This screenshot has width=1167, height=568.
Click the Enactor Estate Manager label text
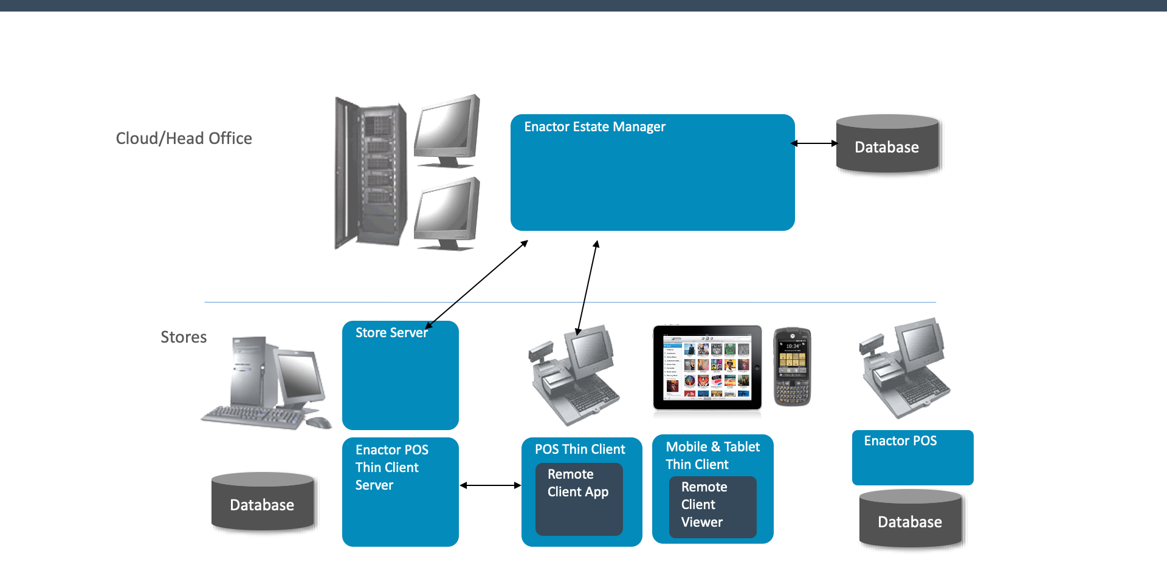pyautogui.click(x=594, y=127)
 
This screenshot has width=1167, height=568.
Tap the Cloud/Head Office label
pyautogui.click(x=184, y=139)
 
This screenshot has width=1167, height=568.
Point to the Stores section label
pyautogui.click(x=184, y=337)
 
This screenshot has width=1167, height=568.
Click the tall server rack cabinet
pyautogui.click(x=370, y=173)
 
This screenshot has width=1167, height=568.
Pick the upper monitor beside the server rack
pyautogui.click(x=447, y=131)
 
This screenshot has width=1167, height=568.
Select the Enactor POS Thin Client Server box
pyautogui.click(x=400, y=492)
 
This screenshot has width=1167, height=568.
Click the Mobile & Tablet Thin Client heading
pyautogui.click(x=712, y=456)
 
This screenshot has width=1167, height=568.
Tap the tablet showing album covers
pyautogui.click(x=707, y=368)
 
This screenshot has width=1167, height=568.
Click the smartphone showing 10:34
pyautogui.click(x=792, y=367)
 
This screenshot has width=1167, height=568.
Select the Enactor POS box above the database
pyautogui.click(x=912, y=457)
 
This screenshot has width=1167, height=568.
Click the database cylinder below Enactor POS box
pyautogui.click(x=910, y=520)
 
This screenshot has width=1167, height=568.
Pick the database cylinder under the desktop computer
pyautogui.click(x=262, y=502)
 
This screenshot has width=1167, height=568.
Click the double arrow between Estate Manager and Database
pyautogui.click(x=814, y=143)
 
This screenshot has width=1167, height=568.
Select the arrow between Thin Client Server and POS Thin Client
pyautogui.click(x=490, y=485)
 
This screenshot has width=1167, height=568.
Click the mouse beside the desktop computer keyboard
pyautogui.click(x=318, y=422)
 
